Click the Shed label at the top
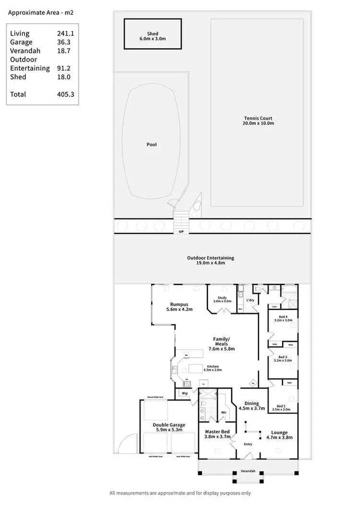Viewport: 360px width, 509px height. [153, 34]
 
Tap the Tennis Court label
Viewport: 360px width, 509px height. [258, 118]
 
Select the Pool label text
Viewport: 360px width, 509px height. [152, 145]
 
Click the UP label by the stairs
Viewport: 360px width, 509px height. [181, 232]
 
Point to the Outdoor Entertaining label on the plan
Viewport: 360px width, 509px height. [210, 258]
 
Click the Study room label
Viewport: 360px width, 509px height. [222, 298]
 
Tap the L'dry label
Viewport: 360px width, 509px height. [250, 300]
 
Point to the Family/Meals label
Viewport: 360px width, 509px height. [221, 339]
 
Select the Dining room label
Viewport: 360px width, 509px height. [252, 403]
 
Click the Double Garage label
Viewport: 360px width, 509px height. [168, 425]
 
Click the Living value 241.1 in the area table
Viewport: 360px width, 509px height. [65, 34]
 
